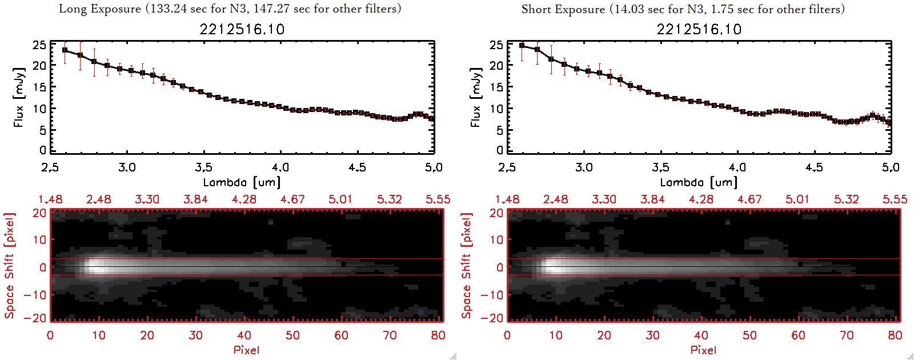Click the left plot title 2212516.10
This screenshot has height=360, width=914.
coord(242,29)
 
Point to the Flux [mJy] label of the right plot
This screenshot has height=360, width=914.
coord(475,97)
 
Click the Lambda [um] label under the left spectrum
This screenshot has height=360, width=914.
coord(242,182)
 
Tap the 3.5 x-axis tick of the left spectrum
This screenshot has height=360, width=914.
coord(203,167)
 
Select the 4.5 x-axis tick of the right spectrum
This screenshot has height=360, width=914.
coord(814,167)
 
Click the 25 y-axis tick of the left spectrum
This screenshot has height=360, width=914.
coord(39,45)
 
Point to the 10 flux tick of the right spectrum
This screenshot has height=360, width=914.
coord(496,109)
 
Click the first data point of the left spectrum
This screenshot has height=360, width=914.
coord(65,50)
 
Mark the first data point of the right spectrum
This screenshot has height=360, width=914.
coord(522,46)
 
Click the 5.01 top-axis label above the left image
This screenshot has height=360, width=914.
coord(340,199)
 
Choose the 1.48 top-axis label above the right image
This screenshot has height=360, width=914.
coord(507,199)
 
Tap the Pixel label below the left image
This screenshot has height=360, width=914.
coord(246,350)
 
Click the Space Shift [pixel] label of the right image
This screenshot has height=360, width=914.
coord(466,266)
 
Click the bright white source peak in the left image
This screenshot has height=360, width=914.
coord(97,266)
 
